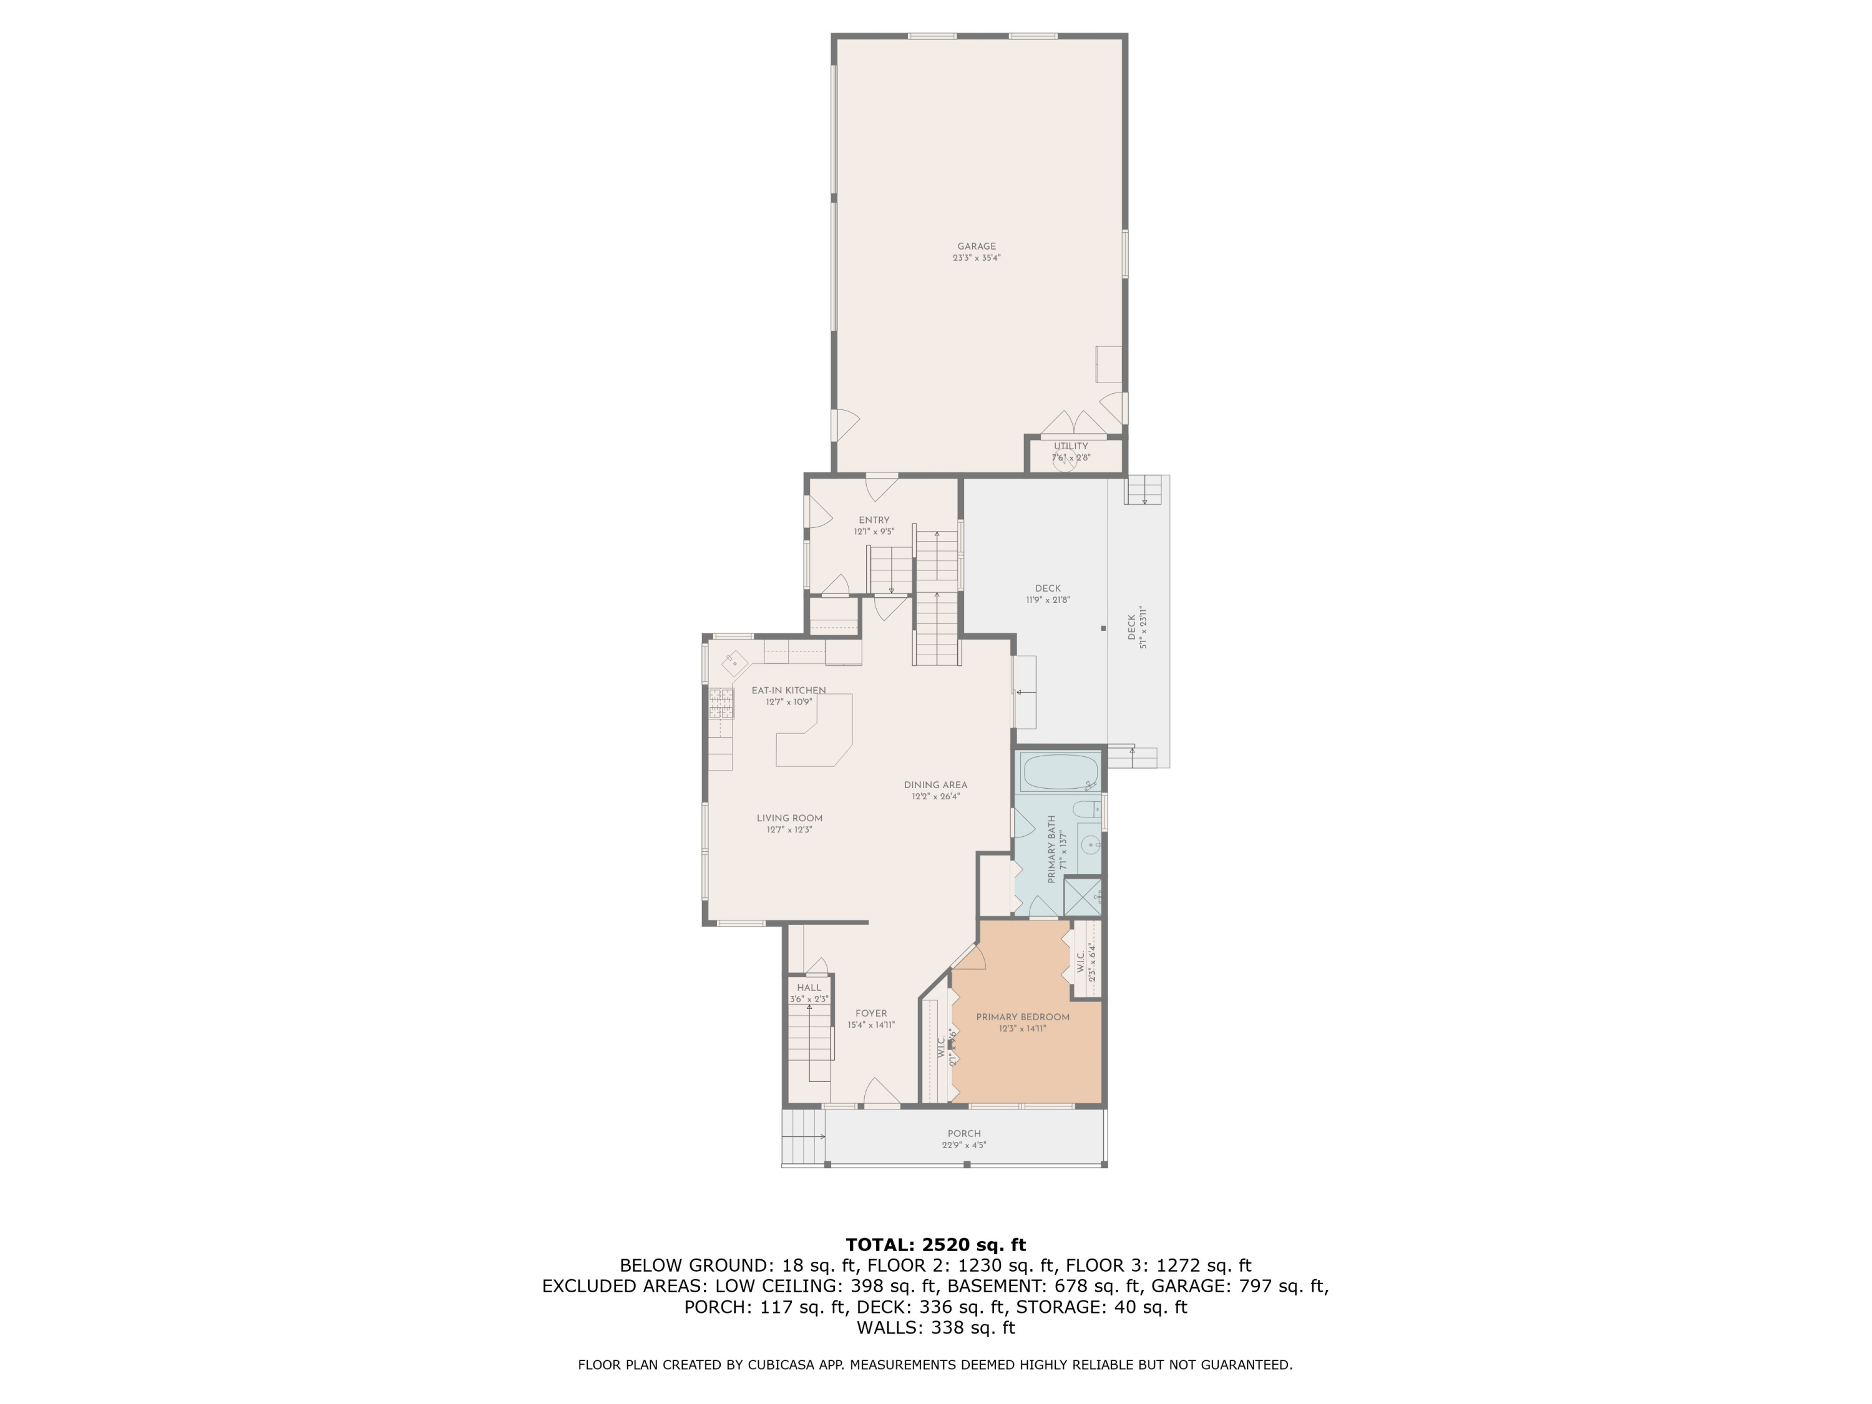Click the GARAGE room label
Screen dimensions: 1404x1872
(976, 246)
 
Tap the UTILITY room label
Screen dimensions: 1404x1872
(1071, 446)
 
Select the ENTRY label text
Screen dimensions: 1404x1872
(874, 520)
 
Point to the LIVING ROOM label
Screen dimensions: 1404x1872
(789, 818)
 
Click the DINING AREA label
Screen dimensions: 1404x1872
(935, 784)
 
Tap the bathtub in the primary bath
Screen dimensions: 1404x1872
(1060, 772)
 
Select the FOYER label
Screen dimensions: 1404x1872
(871, 1013)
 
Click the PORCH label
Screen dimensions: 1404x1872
(964, 1133)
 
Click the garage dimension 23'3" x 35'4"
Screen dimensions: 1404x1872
(976, 258)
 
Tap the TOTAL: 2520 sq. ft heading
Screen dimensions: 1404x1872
(935, 1245)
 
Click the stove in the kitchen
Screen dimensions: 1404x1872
(721, 703)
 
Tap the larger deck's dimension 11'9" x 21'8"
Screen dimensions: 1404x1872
(1048, 600)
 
